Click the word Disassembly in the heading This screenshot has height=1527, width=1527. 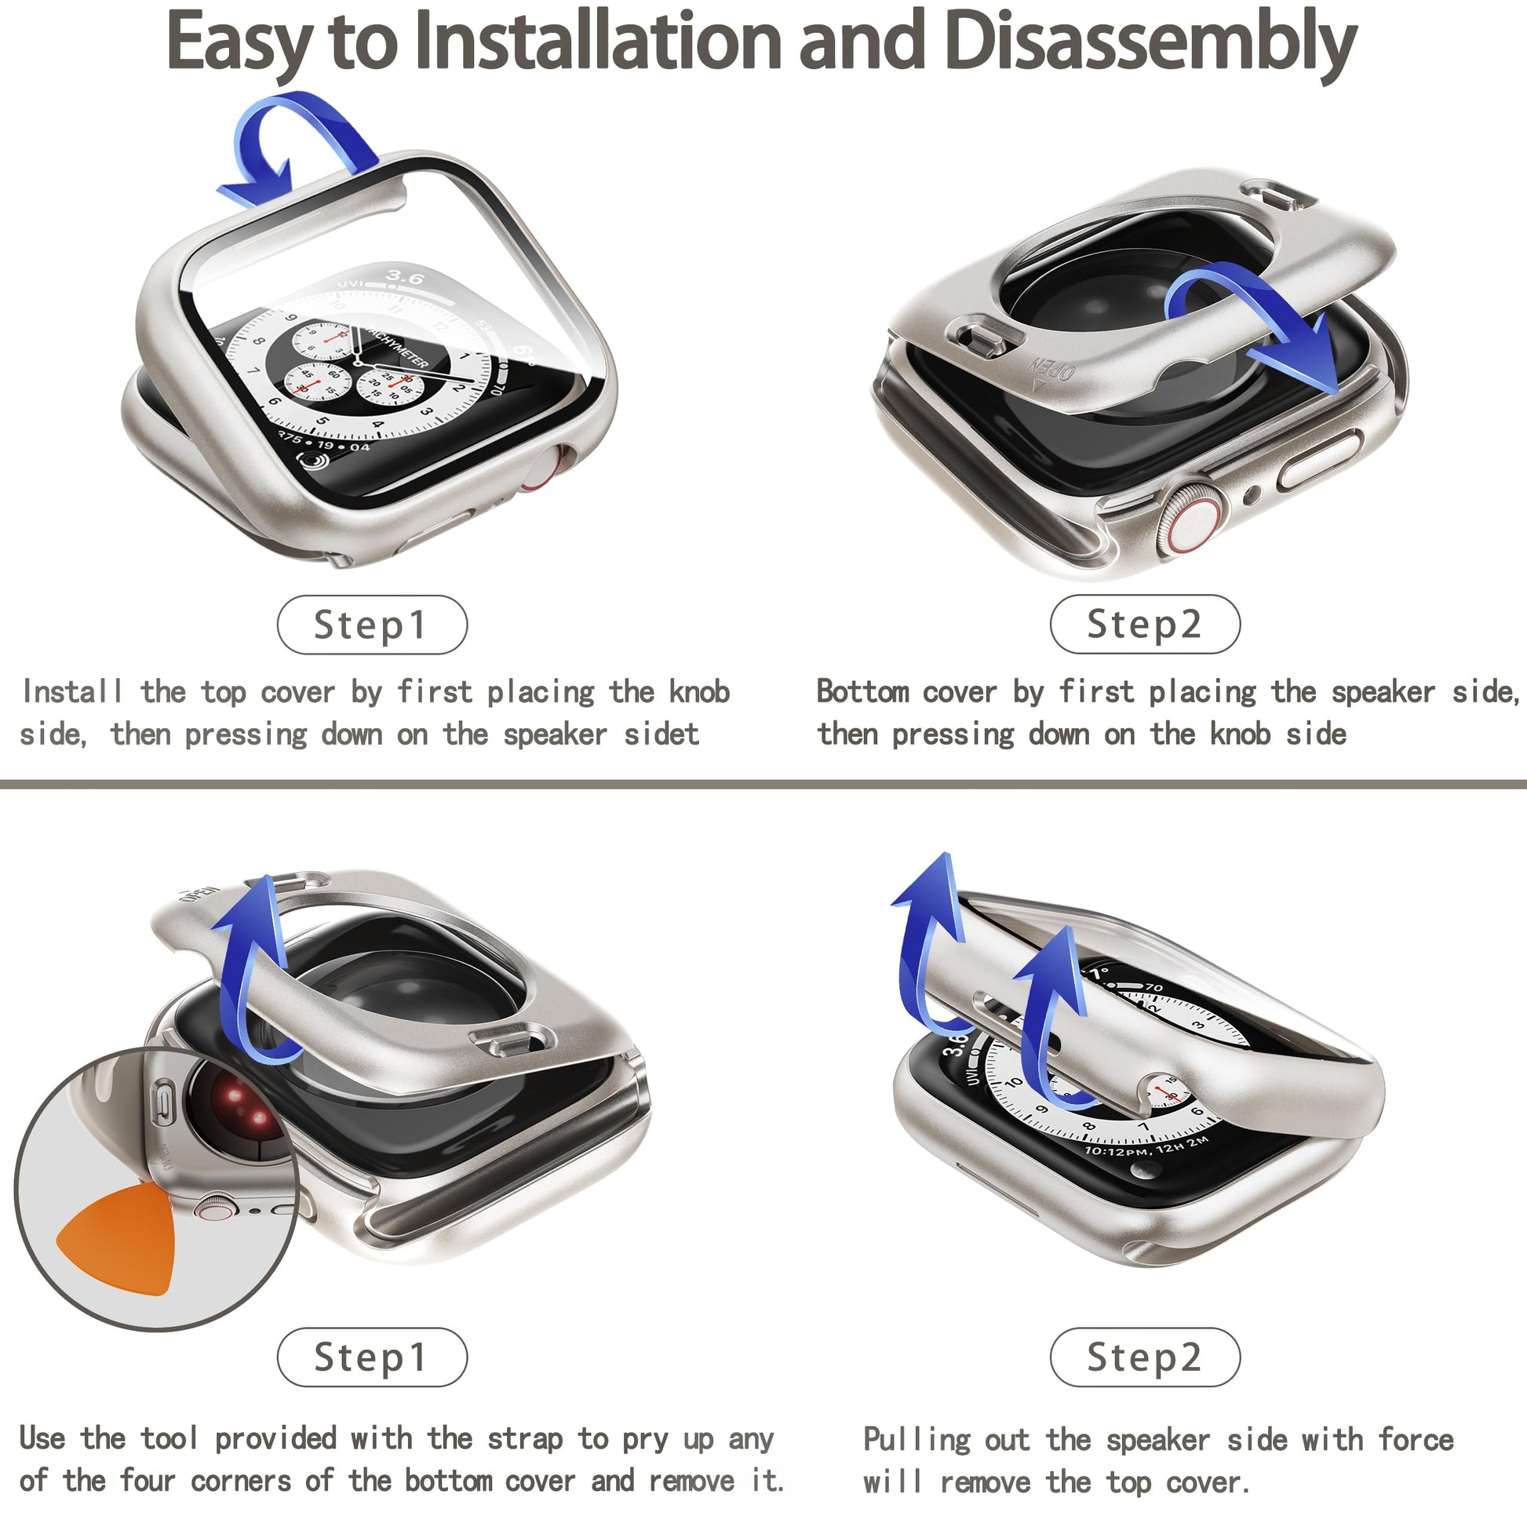pyautogui.click(x=1150, y=42)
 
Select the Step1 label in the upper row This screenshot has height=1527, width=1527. pyautogui.click(x=371, y=625)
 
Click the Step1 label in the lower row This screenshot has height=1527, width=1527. pyautogui.click(x=371, y=1357)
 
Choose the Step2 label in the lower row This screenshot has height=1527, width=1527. pyautogui.click(x=1144, y=1357)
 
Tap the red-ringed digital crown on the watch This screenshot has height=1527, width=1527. pyautogui.click(x=1190, y=523)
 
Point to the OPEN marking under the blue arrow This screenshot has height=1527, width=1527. pyautogui.click(x=1051, y=368)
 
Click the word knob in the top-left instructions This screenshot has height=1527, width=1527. pyautogui.click(x=698, y=691)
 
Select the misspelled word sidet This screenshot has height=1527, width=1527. pyautogui.click(x=661, y=734)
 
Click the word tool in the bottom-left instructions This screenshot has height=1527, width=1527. pyautogui.click(x=169, y=1438)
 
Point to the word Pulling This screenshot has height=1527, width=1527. pyautogui.click(x=916, y=1440)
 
